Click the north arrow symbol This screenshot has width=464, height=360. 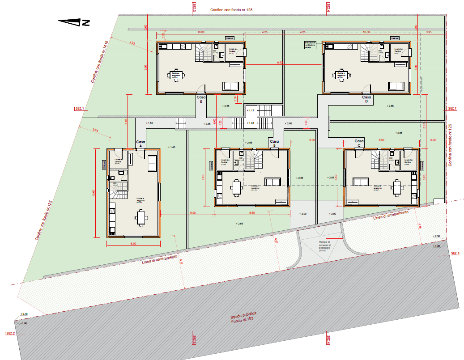point(74,21)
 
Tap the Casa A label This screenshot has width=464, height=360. point(140,144)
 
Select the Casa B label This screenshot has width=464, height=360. point(274,144)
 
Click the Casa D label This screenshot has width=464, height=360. point(366,99)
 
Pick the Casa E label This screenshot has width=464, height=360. point(201,99)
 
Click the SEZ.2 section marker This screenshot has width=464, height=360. point(11,334)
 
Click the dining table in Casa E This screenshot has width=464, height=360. point(176,75)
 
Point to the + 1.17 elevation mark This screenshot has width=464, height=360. point(251,110)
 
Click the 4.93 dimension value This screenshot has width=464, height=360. point(132,43)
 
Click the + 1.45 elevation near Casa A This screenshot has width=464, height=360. point(171,147)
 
